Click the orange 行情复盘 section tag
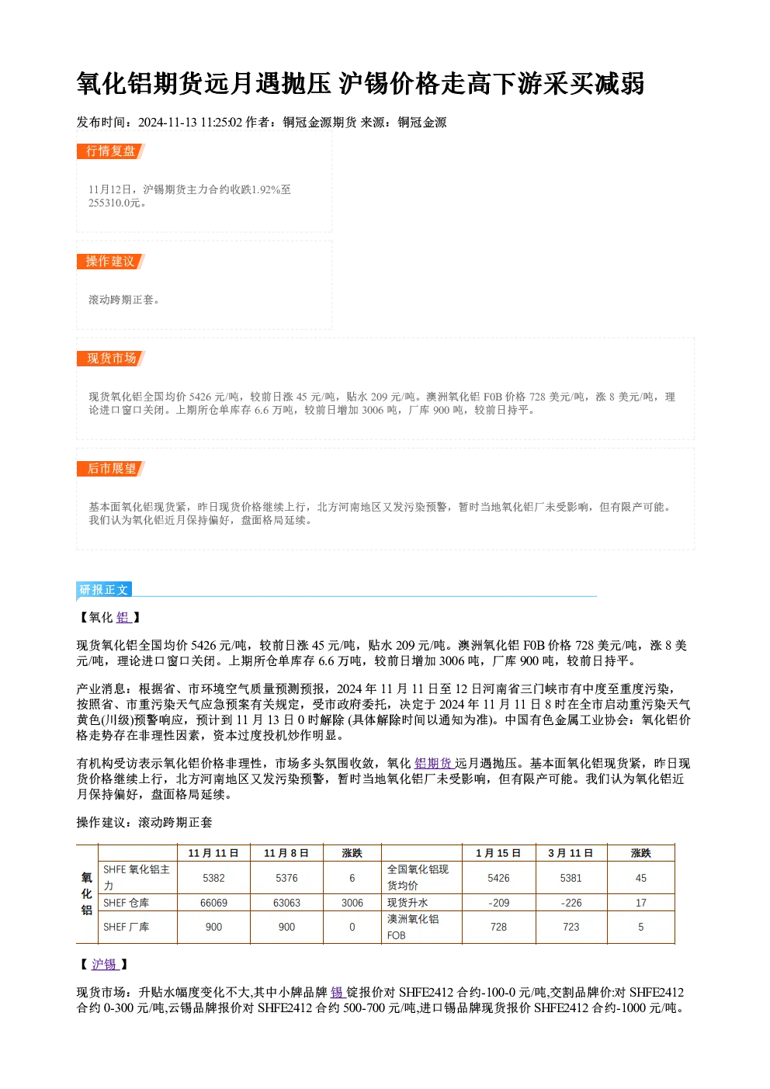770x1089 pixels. click(x=111, y=151)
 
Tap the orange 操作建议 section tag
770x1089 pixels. click(x=111, y=262)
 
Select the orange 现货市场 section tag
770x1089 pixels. click(x=111, y=359)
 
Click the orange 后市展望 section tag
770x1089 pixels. click(x=111, y=469)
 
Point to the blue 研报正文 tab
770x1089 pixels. click(x=104, y=590)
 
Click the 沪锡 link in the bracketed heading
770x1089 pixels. click(x=105, y=964)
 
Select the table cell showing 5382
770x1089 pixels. click(x=214, y=878)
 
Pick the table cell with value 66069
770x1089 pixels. click(x=214, y=902)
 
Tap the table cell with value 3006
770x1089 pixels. click(x=352, y=902)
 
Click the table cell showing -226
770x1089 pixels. click(x=571, y=902)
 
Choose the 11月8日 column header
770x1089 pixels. click(x=286, y=853)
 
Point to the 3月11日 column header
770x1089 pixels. click(x=571, y=853)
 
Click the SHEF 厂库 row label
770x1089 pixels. click(x=126, y=927)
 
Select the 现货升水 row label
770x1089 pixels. click(x=408, y=902)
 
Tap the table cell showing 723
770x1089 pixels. click(x=571, y=927)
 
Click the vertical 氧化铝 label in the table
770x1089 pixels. click(x=87, y=893)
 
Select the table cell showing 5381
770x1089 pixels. click(x=571, y=878)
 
